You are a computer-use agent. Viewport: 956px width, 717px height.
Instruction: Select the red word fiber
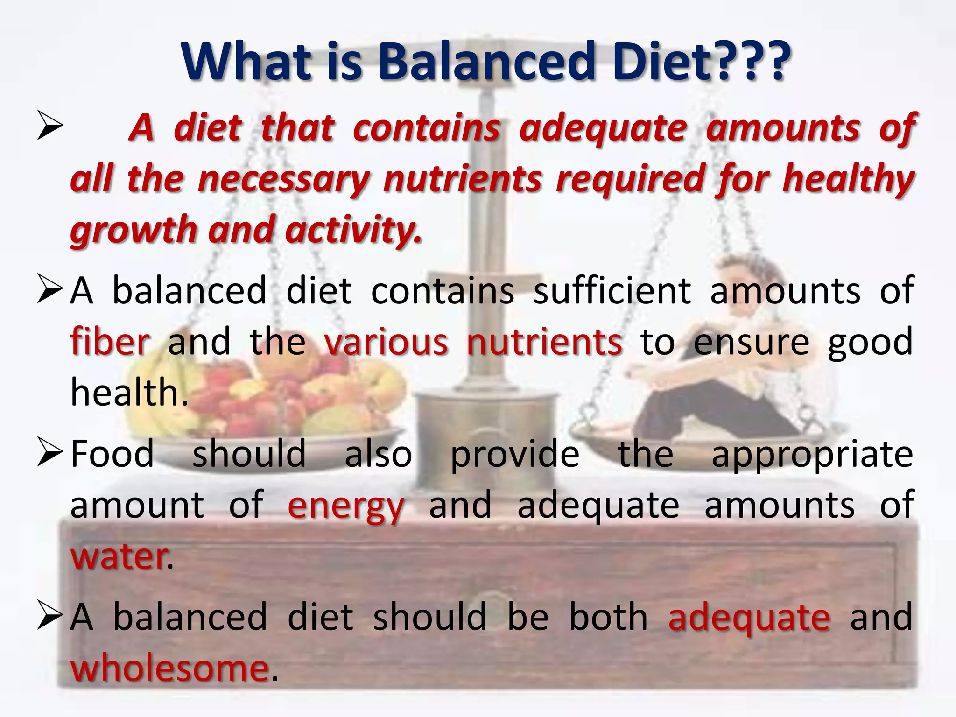pos(110,342)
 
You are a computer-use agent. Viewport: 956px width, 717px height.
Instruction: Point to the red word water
pos(119,556)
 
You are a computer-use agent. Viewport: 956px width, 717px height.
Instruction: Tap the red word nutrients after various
pos(544,342)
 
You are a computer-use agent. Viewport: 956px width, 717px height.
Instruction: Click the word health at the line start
pos(125,392)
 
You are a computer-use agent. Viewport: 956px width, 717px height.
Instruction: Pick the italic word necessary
pos(283,180)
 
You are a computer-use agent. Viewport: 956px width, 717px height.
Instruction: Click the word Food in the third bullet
pos(112,454)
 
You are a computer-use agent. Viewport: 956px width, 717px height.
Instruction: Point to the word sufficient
pos(612,290)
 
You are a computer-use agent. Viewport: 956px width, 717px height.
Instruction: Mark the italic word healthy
pos(848,180)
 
